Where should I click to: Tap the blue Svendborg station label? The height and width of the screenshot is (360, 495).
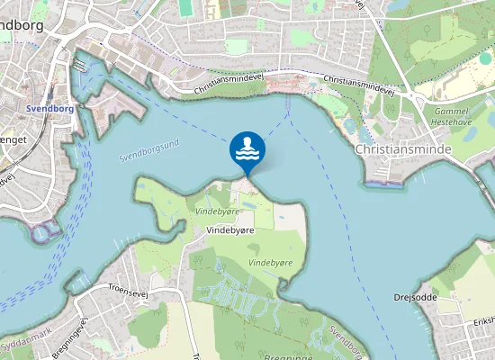51,108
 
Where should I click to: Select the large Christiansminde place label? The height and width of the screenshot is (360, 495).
402,148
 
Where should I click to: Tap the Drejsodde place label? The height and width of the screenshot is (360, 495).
415,297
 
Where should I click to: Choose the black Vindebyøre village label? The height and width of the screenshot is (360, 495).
231,230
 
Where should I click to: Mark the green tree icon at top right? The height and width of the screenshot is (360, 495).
485,58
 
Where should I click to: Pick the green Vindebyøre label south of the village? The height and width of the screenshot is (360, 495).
270,262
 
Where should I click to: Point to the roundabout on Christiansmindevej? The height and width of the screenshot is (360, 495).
409,94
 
